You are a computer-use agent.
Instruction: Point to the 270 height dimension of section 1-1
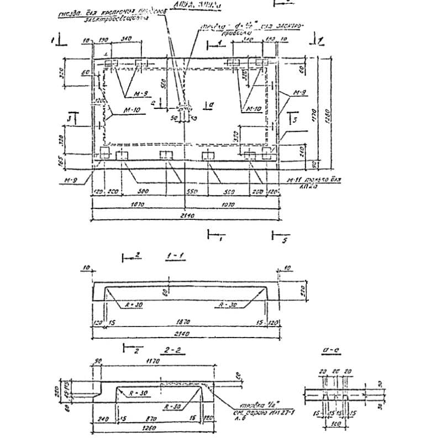pos(302,290)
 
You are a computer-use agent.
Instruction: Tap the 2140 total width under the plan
pos(184,217)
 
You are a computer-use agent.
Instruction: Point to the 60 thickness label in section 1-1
pos(164,293)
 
